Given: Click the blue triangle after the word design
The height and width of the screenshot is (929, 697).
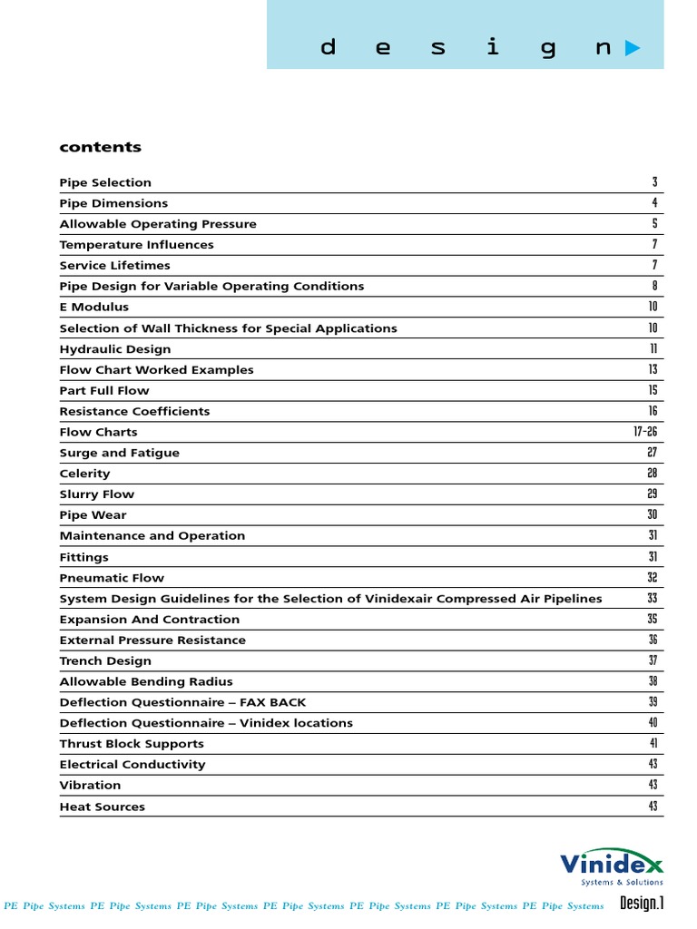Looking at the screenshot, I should pyautogui.click(x=633, y=49).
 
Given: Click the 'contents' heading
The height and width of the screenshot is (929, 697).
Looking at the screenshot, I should pyautogui.click(x=100, y=147).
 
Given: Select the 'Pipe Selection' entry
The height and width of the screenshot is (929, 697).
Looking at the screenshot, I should pyautogui.click(x=105, y=182).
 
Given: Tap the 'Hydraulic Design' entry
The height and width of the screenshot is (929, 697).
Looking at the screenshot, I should pyautogui.click(x=114, y=349).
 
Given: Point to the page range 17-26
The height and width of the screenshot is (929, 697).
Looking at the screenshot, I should pyautogui.click(x=645, y=432).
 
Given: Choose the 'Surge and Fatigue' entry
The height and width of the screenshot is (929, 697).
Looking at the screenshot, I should pyautogui.click(x=119, y=453).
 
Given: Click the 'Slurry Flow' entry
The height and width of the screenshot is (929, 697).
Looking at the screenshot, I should pyautogui.click(x=96, y=494).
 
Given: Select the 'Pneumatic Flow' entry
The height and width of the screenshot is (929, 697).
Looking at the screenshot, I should pyautogui.click(x=112, y=578).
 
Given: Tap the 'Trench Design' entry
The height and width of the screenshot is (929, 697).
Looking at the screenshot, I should pyautogui.click(x=105, y=661).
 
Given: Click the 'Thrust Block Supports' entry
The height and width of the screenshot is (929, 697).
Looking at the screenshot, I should pyautogui.click(x=132, y=744).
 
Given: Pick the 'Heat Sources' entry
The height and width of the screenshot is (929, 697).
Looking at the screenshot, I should pyautogui.click(x=102, y=807).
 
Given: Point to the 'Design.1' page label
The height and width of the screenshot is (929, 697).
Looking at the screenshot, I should pyautogui.click(x=642, y=904).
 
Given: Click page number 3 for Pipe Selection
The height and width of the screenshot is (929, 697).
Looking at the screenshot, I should pyautogui.click(x=654, y=182).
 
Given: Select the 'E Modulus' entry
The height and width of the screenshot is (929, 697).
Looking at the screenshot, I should pyautogui.click(x=94, y=308).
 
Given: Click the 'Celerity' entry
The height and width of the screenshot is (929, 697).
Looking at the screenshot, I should pyautogui.click(x=84, y=474).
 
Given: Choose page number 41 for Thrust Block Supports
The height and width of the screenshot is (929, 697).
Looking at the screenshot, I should pyautogui.click(x=653, y=744).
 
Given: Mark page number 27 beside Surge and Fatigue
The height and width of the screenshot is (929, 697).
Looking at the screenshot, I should pyautogui.click(x=653, y=453).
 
